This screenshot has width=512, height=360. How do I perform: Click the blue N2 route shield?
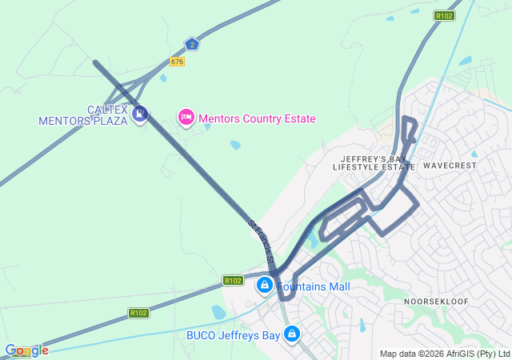point(192,45)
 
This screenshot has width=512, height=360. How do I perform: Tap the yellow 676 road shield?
point(177,62)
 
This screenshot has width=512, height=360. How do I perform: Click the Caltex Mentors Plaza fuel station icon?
point(141,115)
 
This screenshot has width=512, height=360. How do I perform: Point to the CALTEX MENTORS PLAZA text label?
point(83,115)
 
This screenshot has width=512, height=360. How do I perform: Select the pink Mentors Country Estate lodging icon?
point(186,118)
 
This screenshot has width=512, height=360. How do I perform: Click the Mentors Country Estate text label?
point(257,118)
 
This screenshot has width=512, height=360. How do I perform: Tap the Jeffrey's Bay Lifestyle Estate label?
point(374,162)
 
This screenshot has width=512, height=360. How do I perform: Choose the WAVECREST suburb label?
point(450,166)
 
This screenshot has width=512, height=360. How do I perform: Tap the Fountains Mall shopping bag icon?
point(264,285)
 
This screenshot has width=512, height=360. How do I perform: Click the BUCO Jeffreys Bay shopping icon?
point(292,334)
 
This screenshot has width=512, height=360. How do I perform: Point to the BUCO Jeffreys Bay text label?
point(233,335)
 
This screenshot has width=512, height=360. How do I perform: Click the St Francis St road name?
point(262,243)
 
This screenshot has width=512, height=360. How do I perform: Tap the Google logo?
point(26,350)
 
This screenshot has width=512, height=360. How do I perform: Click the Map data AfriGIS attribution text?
point(444,354)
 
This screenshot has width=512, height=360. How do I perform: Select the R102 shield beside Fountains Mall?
point(233,281)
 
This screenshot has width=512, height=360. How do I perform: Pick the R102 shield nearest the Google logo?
point(138,313)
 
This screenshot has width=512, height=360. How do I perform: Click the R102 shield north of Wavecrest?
point(445,15)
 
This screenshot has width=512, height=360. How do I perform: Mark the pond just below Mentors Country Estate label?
point(234,146)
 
